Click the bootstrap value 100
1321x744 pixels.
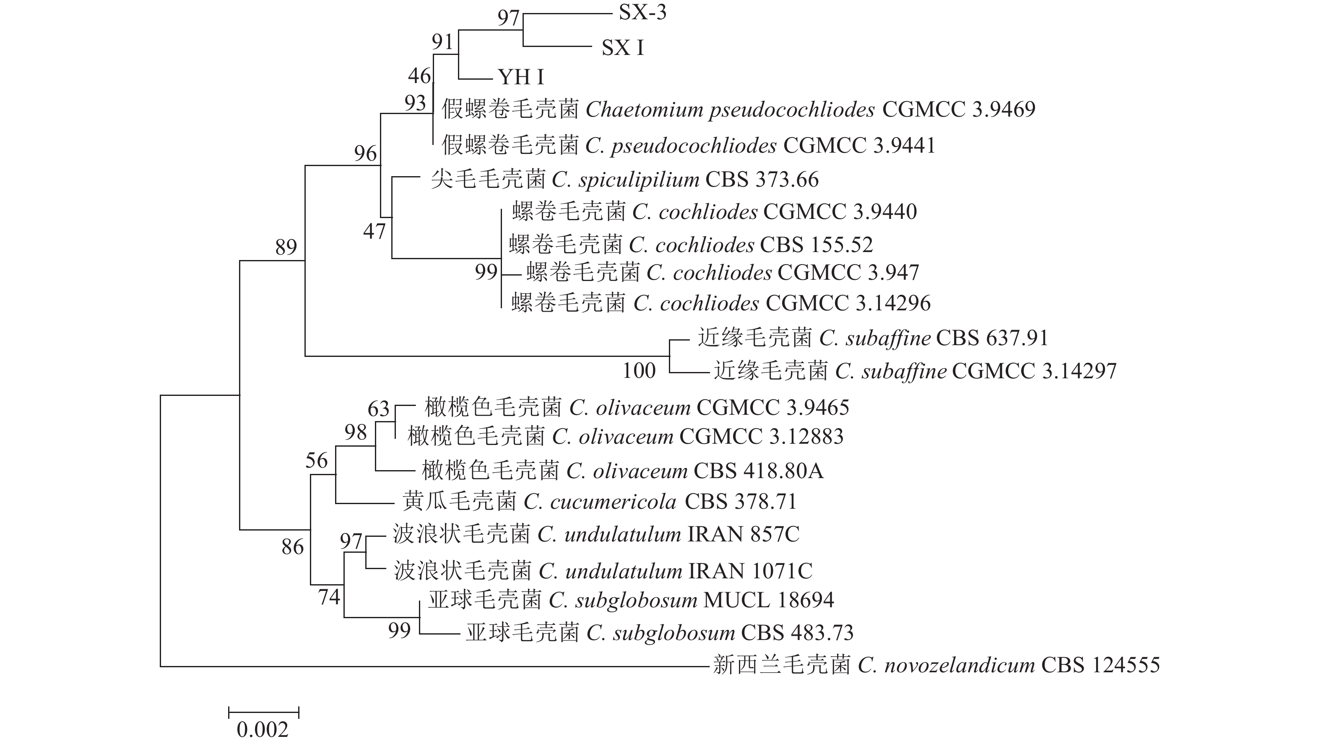click(x=639, y=371)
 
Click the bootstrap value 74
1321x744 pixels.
click(x=329, y=597)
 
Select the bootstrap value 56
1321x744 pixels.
click(x=316, y=460)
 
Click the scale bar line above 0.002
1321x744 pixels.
click(x=264, y=712)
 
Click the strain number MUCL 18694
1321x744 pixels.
click(x=769, y=600)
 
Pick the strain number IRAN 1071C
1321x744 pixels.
click(x=750, y=571)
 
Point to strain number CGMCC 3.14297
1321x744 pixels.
click(x=1034, y=371)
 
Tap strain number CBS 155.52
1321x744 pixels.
click(x=817, y=245)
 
